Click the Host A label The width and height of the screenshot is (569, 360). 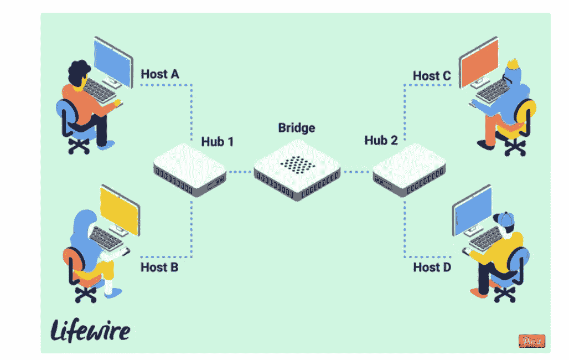coord(160,74)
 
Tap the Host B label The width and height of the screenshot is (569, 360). coord(159,268)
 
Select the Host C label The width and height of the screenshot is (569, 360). coord(432,76)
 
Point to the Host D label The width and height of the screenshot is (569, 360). coord(432,268)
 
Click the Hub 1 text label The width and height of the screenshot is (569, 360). coord(217,142)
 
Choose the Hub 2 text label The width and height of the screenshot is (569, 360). coord(381,140)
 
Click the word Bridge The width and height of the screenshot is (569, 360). coord(296,128)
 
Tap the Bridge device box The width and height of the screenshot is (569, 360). coord(296,169)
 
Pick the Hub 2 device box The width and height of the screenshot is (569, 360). coord(408,169)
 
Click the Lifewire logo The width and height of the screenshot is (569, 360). coord(91,330)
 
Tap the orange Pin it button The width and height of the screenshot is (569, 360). coord(531,341)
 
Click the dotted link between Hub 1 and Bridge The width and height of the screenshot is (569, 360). coord(240,172)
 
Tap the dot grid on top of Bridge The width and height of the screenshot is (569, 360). coord(296,163)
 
